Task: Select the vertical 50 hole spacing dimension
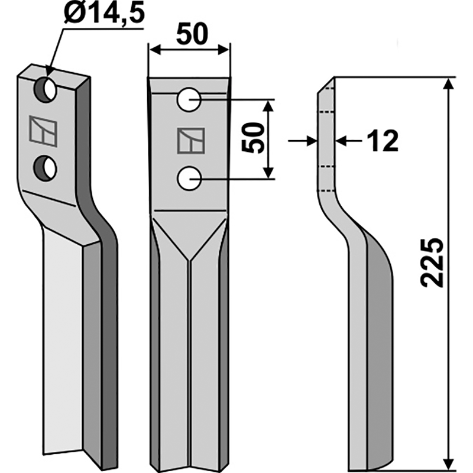pyautogui.click(x=256, y=138)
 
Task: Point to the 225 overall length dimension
pyautogui.click(x=435, y=264)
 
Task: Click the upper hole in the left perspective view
pyautogui.click(x=46, y=89)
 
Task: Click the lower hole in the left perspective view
pyautogui.click(x=46, y=169)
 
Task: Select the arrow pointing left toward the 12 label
pyautogui.click(x=343, y=141)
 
